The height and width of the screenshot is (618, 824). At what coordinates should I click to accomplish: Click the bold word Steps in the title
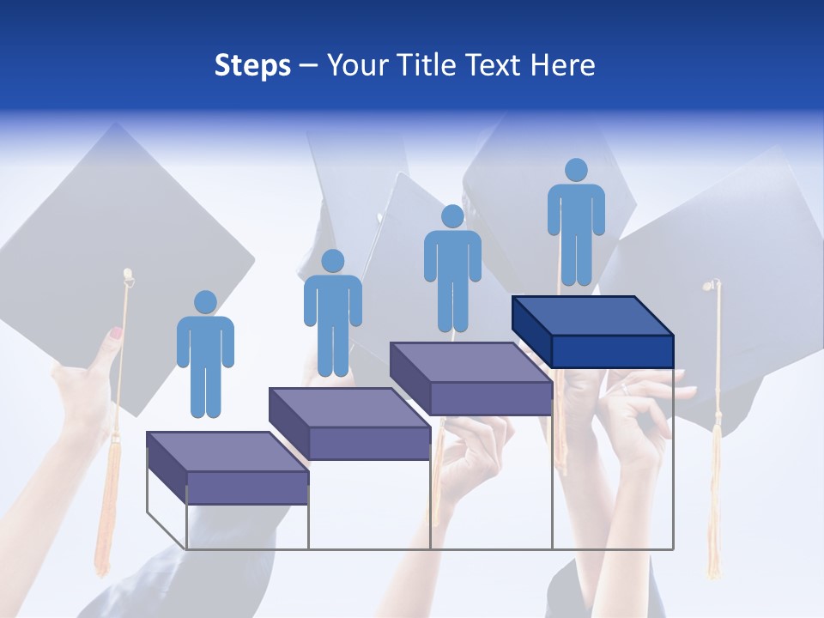[x=252, y=66]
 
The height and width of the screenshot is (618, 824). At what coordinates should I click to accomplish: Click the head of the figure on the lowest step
[x=205, y=302]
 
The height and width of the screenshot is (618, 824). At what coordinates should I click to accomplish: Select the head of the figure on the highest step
[x=576, y=170]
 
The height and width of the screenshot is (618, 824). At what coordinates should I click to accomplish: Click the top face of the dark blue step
[x=592, y=315]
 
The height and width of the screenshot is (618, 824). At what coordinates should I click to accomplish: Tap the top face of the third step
[x=470, y=361]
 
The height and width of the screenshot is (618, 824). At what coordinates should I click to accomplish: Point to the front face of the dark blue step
[x=612, y=351]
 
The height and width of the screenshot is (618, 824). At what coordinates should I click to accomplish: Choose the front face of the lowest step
[x=247, y=488]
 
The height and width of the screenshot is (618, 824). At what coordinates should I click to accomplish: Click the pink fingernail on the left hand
[x=115, y=332]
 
